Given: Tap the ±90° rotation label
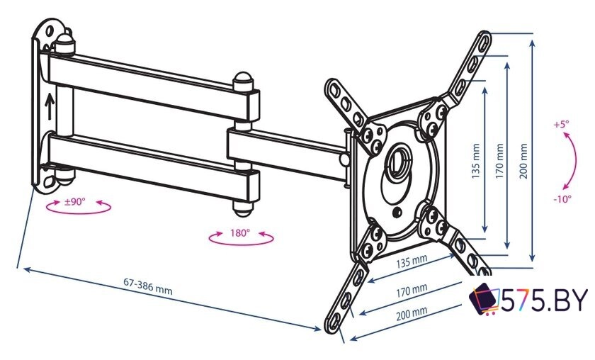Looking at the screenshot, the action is tap(75, 202).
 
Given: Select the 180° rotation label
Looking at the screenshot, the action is tap(240, 232).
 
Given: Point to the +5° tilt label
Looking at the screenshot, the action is tap(561, 124).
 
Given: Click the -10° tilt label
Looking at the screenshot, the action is tap(562, 198).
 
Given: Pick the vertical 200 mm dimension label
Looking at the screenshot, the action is tap(523, 161).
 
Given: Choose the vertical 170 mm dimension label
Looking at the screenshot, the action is tap(499, 161).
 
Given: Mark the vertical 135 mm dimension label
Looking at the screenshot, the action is tap(476, 161).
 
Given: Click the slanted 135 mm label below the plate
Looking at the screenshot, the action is tap(412, 261).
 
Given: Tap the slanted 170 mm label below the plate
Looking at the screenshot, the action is tap(412, 291).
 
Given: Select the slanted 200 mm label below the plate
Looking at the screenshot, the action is tap(412, 313).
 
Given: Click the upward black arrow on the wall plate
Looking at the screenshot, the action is tap(50, 106).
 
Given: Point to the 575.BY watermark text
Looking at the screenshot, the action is tap(545, 300).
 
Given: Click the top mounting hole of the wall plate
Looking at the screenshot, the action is tap(50, 31).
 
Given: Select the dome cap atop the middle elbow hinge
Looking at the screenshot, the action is tap(243, 81).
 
